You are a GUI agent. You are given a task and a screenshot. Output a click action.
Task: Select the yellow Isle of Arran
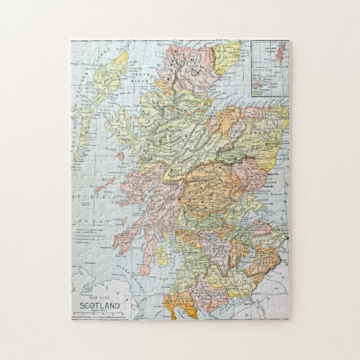tap(162, 255)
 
